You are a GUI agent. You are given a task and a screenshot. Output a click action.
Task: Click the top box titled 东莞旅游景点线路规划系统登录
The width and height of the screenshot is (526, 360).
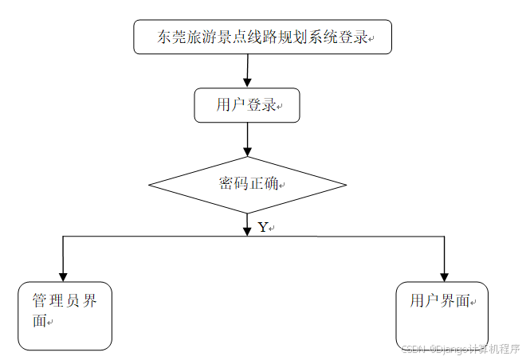pos(262,37)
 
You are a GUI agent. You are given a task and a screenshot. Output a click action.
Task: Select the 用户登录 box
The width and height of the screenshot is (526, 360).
pos(247,105)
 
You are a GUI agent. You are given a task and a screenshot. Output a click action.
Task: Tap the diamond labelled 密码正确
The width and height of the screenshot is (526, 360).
pos(248,185)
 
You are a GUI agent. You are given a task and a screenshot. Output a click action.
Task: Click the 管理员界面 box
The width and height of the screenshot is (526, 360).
pos(65,315)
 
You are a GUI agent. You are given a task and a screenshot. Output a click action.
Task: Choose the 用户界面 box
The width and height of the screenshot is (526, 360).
pos(442,315)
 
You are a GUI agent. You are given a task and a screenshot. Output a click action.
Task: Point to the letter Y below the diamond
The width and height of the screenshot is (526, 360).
pos(263,227)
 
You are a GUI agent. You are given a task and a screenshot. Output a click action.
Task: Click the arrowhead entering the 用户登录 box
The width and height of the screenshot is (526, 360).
pos(247,83)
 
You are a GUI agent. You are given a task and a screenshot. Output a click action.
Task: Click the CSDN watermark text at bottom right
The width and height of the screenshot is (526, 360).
pos(460,349)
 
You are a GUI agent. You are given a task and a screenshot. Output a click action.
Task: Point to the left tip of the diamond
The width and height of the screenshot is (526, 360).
pos(150,185)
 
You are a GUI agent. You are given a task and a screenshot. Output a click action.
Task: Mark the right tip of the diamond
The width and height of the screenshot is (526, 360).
pos(346,185)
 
